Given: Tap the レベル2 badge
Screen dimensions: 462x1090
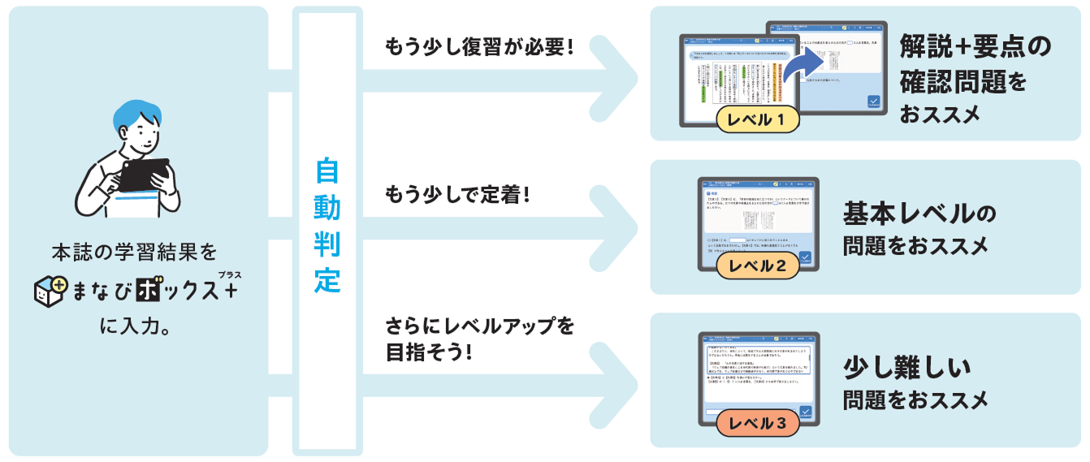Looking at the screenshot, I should (x=758, y=266).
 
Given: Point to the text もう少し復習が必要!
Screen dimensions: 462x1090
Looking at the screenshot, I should (x=479, y=46).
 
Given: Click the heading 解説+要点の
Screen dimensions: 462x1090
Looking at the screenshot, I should (x=975, y=48).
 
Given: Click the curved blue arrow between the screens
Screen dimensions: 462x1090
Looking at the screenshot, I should (x=803, y=62).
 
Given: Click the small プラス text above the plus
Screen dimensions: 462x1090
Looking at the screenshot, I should (x=230, y=274).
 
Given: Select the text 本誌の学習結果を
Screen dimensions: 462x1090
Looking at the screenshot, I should (x=134, y=251).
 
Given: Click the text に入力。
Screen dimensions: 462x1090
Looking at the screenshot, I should (x=133, y=327).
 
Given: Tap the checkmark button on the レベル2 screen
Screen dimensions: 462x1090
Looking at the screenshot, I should (x=805, y=259).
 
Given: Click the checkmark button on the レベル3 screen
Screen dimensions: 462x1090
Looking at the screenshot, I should (x=806, y=413).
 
